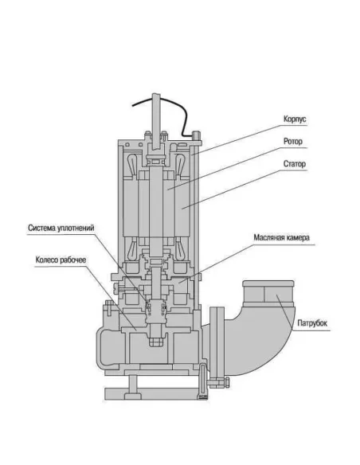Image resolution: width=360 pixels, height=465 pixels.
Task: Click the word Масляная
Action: coord(270,238)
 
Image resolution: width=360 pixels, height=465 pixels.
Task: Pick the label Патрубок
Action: coord(313,323)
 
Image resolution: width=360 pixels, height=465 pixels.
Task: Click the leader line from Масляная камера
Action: coord(231,256)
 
